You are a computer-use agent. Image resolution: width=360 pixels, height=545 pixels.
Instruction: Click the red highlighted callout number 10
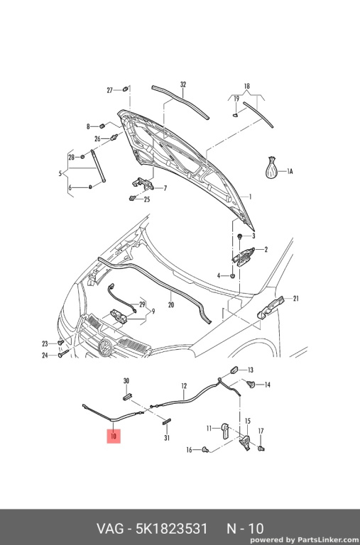[114, 436]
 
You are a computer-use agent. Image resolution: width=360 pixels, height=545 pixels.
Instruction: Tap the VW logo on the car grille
[104, 346]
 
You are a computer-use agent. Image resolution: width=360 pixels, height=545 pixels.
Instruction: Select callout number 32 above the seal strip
[183, 84]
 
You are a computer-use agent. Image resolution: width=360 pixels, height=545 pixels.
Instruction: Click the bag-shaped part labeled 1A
[272, 168]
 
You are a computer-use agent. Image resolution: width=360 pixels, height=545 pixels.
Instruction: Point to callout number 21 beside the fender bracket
[295, 298]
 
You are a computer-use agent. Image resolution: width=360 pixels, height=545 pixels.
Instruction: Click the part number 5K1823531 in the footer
[172, 529]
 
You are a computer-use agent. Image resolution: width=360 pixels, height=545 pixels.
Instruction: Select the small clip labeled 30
[128, 396]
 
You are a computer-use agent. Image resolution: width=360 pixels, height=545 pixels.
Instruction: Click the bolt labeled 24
[64, 354]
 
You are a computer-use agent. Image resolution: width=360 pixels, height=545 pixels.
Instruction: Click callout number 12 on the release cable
[184, 386]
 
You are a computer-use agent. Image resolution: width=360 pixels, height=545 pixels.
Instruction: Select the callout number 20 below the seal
[171, 305]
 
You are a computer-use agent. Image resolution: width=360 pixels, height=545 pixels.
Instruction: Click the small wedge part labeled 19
[236, 114]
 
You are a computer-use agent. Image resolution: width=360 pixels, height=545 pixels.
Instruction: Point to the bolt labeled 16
[206, 450]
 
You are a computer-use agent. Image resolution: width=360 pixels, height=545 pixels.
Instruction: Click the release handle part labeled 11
[224, 431]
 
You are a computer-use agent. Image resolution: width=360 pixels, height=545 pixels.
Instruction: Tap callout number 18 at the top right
[246, 86]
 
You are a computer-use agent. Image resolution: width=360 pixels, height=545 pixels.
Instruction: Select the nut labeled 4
[233, 276]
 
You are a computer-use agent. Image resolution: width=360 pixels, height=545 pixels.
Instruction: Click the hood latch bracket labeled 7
[143, 184]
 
